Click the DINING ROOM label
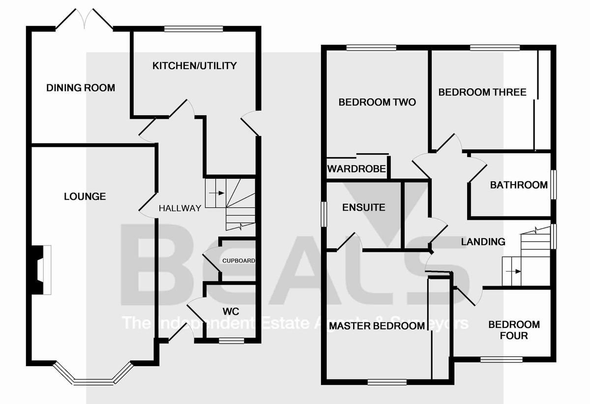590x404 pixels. pos(81,88)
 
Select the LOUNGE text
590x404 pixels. pos(85,196)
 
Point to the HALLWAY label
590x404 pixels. pos(179,208)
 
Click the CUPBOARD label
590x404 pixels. pos(238,261)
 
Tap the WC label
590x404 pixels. pos(231,312)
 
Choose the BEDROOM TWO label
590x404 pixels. pos(377,102)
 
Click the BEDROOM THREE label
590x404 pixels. pos(482,92)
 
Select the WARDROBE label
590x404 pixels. pos(357,169)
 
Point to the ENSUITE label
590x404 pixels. pos(363,207)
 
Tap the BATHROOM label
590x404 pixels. pos(519,185)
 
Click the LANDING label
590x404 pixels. pos(483,242)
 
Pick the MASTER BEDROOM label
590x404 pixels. pos(377,326)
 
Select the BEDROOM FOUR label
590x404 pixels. pos(514,330)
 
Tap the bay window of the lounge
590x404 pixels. pos(93,378)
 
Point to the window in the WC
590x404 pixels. pos(228,340)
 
